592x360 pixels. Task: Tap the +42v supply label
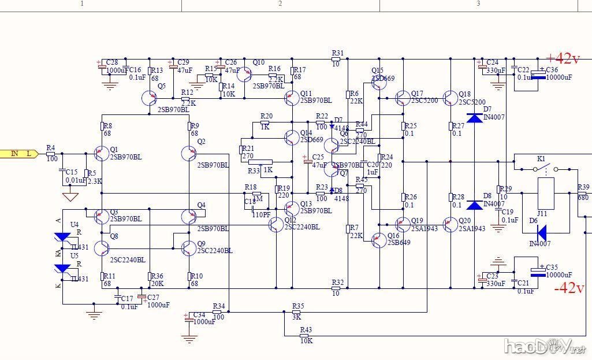[x=562, y=58]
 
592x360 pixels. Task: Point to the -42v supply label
[x=569, y=288]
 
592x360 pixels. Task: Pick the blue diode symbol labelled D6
[x=541, y=233]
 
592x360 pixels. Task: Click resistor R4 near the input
[x=51, y=154]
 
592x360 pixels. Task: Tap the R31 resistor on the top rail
[x=337, y=59]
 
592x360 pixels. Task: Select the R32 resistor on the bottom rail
[x=338, y=288]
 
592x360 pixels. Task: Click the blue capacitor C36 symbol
[x=539, y=73]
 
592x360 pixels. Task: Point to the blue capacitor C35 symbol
[x=539, y=272]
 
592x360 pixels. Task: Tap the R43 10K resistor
[x=306, y=335]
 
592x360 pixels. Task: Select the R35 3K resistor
[x=297, y=312]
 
